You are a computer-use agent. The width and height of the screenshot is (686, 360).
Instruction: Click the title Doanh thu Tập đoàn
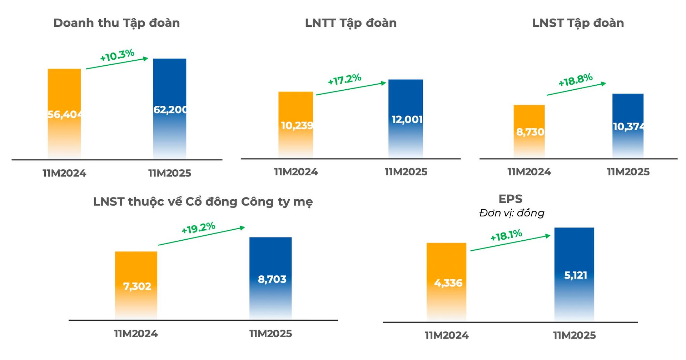point(116,23)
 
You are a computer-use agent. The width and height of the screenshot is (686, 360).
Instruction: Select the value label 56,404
point(65,115)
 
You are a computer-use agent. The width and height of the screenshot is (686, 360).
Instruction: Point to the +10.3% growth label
point(117,56)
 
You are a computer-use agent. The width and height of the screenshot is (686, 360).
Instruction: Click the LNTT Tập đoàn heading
point(351,23)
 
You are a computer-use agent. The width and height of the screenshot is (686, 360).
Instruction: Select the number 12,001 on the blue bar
point(407,119)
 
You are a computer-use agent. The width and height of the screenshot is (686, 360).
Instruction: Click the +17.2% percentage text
point(344,79)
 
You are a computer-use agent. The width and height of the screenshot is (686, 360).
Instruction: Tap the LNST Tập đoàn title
point(578,23)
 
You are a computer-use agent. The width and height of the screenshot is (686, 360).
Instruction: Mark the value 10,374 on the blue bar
point(628,126)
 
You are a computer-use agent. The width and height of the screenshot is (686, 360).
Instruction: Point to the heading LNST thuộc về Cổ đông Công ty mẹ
point(203,202)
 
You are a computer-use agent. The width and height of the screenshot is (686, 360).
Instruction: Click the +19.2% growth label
point(198,228)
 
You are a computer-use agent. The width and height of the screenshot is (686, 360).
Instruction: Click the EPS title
point(510,199)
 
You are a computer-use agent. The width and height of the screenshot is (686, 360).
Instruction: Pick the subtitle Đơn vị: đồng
point(511,213)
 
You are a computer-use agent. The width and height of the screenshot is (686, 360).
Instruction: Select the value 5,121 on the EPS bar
point(575,275)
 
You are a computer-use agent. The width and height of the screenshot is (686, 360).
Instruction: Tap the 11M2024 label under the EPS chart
point(446,336)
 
